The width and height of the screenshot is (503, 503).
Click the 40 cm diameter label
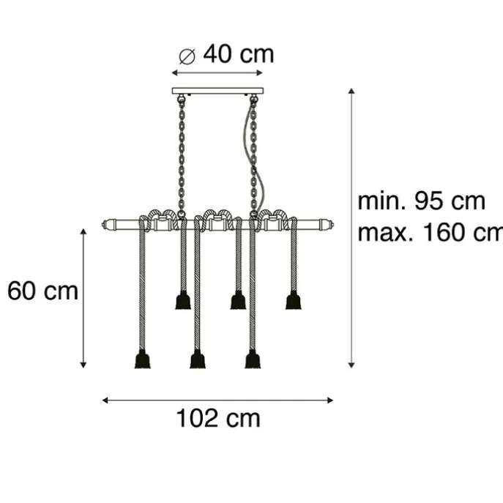click(239, 54)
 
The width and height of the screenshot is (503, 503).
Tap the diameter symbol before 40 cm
click(187, 56)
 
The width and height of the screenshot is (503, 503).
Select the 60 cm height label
click(42, 291)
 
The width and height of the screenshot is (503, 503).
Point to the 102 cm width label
click(218, 418)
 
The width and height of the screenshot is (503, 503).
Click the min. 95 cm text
click(422, 201)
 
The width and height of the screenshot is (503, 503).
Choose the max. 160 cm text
click(431, 233)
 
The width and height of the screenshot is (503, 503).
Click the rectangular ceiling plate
click(217, 91)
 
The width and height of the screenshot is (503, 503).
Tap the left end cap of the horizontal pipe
click(108, 223)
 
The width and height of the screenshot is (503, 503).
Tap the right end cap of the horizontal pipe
click(327, 223)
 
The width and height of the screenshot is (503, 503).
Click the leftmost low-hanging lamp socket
click(143, 359)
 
